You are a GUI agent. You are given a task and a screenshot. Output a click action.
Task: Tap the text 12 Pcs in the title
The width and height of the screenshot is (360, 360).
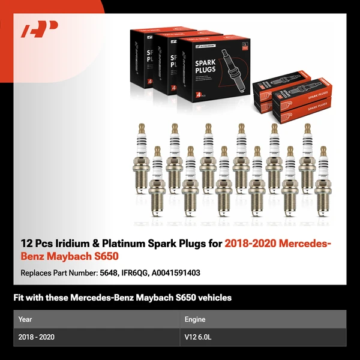(x=35, y=243)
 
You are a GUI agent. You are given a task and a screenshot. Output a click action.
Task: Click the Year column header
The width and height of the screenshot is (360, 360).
(x=25, y=319)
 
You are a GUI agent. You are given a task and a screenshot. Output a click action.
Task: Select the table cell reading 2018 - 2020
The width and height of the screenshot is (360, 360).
(x=36, y=337)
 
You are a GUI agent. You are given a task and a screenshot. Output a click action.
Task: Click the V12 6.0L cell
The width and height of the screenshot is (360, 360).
(x=198, y=337)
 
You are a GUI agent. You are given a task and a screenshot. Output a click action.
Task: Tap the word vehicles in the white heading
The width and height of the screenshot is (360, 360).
(x=213, y=298)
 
